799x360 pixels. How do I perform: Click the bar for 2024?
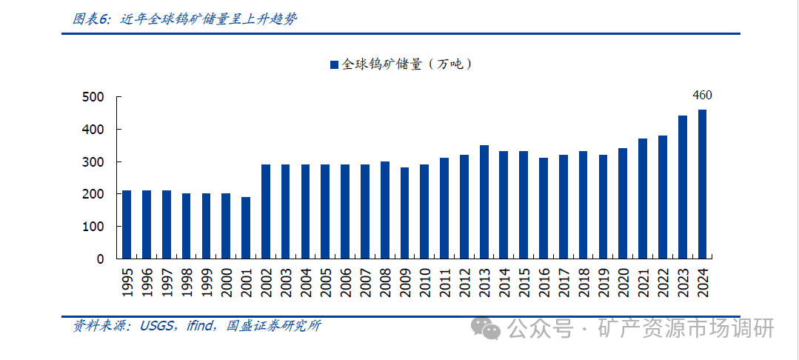coord(702,184)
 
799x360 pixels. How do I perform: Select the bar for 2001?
coord(246,228)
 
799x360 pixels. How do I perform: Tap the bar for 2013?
coord(484,202)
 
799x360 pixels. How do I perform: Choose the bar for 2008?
coord(385,210)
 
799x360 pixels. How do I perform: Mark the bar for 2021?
coord(643,199)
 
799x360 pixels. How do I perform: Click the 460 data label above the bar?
coord(702,95)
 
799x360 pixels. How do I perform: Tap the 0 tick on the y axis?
coord(100,259)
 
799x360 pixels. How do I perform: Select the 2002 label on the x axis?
coord(267,283)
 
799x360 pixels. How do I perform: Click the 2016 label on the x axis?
coord(544,283)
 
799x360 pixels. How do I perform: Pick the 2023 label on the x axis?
coord(683,283)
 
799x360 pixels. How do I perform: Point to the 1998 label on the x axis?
coord(187,283)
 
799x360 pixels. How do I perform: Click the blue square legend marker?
coord(334,65)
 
